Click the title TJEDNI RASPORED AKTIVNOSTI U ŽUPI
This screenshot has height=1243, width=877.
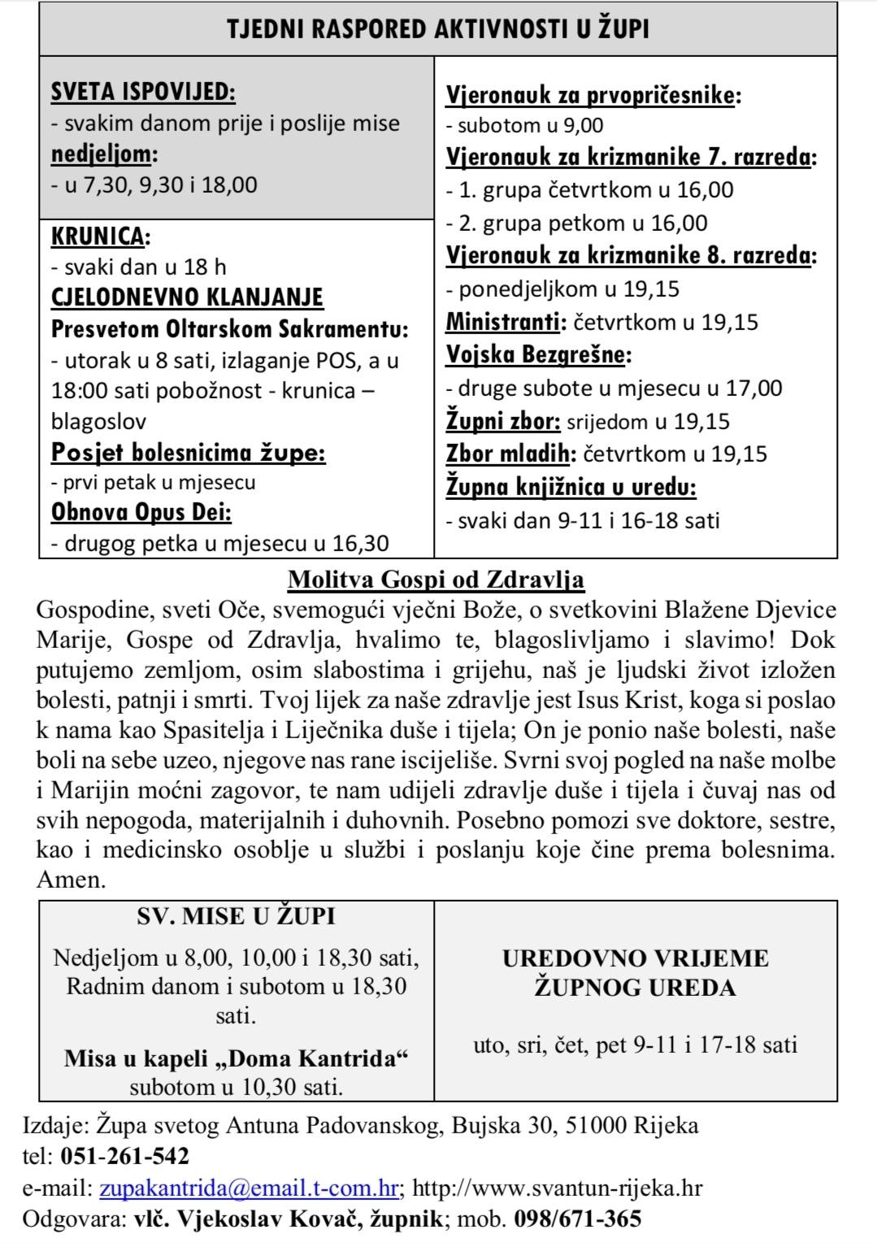click(437, 29)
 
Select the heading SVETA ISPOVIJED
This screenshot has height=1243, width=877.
click(143, 92)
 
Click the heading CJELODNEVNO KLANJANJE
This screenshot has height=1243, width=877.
click(187, 297)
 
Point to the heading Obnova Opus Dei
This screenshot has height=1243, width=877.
click(141, 513)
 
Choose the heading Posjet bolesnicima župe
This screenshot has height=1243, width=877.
click(188, 452)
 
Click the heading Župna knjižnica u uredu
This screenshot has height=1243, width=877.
click(571, 487)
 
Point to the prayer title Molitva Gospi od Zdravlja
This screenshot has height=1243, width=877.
click(436, 580)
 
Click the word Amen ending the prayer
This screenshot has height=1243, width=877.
click(71, 880)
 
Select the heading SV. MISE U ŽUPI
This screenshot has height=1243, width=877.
click(236, 916)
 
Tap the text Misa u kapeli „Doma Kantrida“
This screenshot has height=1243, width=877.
click(236, 1058)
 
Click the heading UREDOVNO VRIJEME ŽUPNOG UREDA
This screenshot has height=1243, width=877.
click(635, 972)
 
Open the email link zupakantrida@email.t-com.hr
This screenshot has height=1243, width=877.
click(249, 1189)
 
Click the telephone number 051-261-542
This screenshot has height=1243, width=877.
click(124, 1156)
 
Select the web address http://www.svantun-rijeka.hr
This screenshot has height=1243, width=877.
click(558, 1189)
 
